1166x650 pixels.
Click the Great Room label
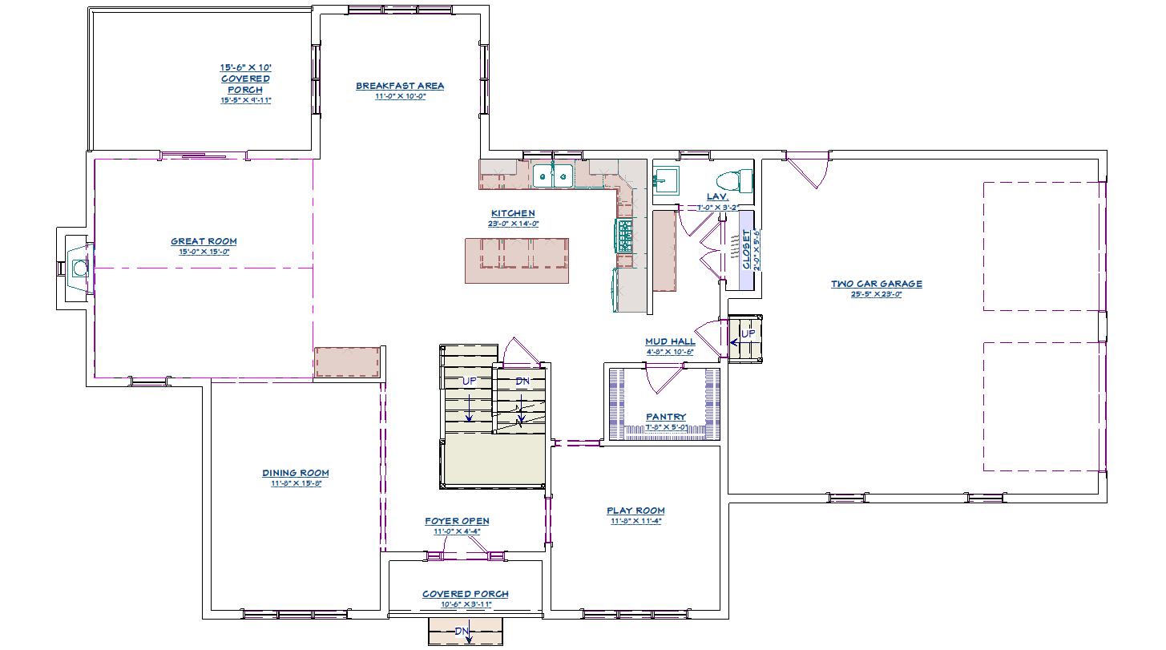204,241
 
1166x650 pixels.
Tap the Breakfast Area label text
400,86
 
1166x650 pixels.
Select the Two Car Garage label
876,284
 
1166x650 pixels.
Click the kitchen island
517,260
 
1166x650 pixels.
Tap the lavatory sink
665,179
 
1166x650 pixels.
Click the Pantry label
666,417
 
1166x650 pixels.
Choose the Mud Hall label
670,341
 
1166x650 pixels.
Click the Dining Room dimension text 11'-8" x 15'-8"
295,484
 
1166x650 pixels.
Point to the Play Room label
635,511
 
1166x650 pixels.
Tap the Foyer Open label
457,521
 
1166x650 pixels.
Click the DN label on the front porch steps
462,632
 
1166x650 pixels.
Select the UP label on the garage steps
747,333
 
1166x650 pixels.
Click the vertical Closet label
747,248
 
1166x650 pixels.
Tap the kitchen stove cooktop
623,236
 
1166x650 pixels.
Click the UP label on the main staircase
469,381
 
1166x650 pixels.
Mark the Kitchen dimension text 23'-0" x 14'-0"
513,224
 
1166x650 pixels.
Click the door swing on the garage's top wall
809,171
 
